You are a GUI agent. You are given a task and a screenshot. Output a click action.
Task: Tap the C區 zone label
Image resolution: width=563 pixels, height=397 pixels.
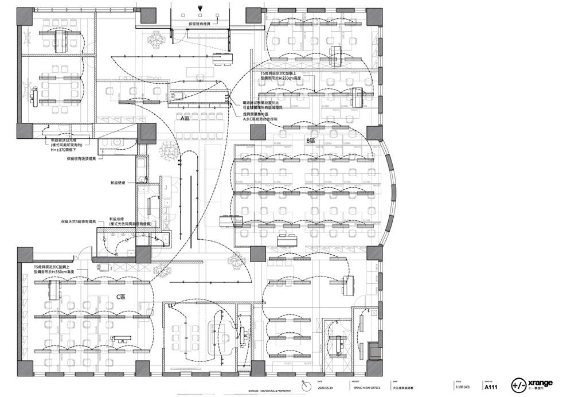click(x=121, y=297)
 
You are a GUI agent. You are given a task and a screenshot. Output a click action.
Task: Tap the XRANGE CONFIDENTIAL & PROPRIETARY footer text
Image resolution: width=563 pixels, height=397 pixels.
click(x=267, y=391)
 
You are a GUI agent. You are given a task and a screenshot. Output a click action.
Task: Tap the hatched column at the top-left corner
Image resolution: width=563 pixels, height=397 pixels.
click(x=27, y=16)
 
